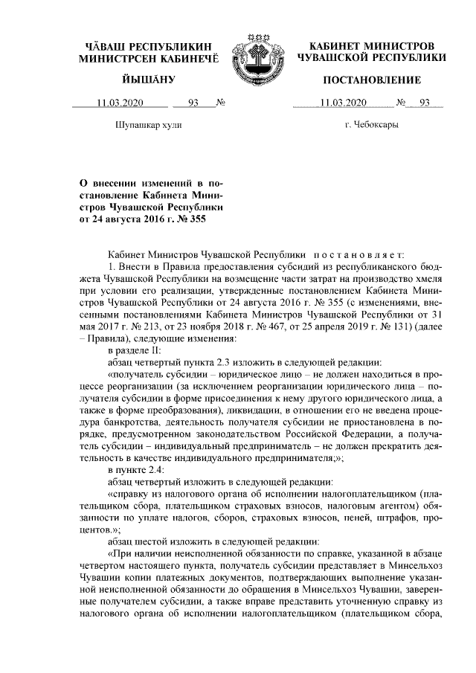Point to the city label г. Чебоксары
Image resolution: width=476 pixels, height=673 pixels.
tap(371, 124)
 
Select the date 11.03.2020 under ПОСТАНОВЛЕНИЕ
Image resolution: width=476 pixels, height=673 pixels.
tap(342, 103)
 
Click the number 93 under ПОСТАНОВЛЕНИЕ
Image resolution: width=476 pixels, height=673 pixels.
tap(425, 103)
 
